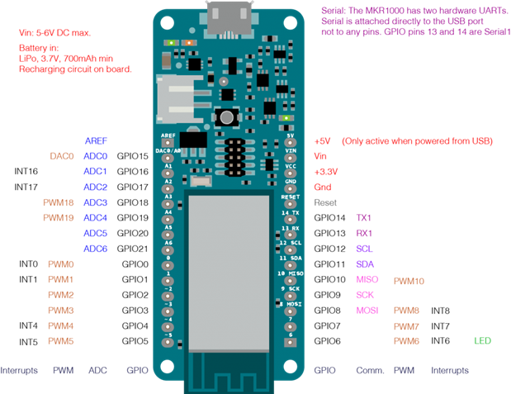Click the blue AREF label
coord(96,141)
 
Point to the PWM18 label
coord(58,202)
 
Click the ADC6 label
coord(96,249)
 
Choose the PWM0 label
coord(61,264)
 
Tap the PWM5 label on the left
coord(61,341)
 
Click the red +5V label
coord(322,141)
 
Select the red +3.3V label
coord(325,172)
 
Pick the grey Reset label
coord(325,202)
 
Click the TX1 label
coord(363,218)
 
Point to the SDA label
coord(365,264)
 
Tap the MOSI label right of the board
coord(367,311)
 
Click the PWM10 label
coord(409,282)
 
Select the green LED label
coord(483,341)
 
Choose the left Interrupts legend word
coord(19,371)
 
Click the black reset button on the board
coord(225,117)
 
